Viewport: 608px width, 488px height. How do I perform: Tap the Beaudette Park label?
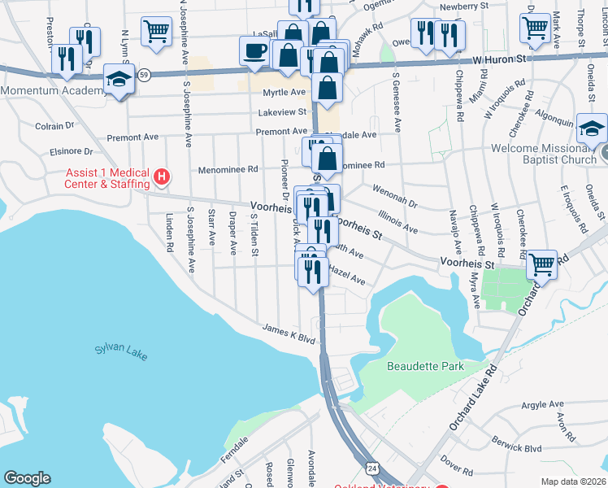(x=425, y=366)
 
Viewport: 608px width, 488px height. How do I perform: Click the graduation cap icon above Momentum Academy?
(x=119, y=81)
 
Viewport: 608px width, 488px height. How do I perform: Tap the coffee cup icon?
(x=254, y=50)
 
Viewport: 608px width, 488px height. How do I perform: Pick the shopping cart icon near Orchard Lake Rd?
(x=541, y=264)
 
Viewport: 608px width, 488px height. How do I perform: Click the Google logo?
(x=27, y=478)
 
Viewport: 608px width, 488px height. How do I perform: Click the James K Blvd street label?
(x=288, y=333)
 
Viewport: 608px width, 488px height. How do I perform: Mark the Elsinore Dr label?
(x=71, y=150)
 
